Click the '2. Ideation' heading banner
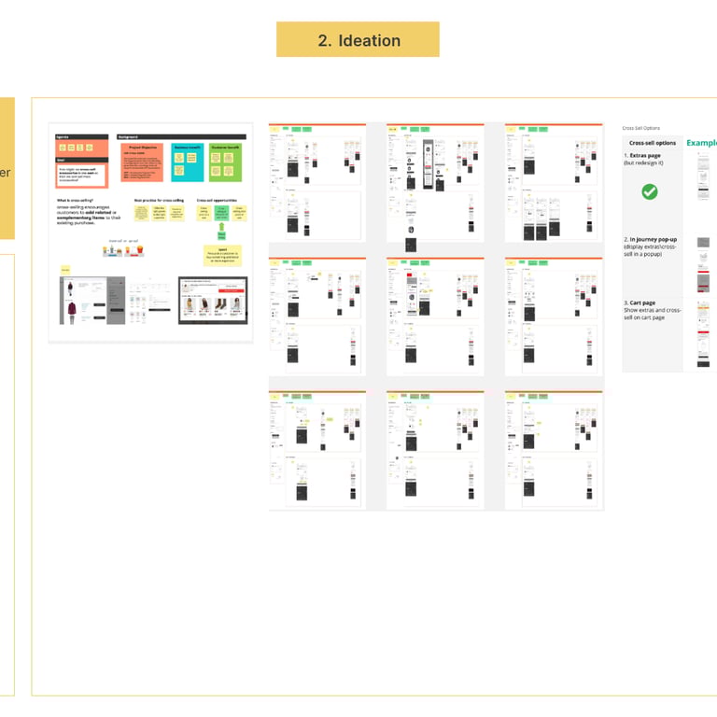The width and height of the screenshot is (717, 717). [x=358, y=40]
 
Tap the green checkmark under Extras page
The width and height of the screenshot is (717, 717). [x=650, y=191]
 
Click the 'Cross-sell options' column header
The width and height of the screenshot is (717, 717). [x=653, y=143]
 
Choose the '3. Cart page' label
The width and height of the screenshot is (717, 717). [x=645, y=303]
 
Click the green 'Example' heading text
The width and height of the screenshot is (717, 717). [x=701, y=143]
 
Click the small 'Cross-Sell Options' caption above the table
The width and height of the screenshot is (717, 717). [x=640, y=127]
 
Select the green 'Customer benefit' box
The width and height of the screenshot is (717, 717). [x=225, y=162]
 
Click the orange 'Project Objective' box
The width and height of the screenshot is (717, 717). [x=142, y=162]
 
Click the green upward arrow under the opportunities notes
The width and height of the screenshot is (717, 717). [x=222, y=229]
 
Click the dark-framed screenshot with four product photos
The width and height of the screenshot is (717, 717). [x=213, y=300]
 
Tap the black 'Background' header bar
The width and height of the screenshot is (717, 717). [x=181, y=137]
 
